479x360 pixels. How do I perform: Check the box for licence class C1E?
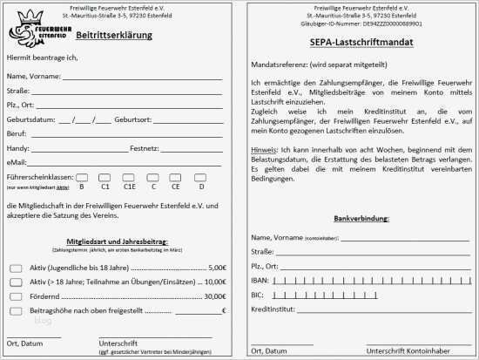(x=129, y=177)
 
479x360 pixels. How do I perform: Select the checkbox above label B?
(x=81, y=177)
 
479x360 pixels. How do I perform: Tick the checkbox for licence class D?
(x=200, y=177)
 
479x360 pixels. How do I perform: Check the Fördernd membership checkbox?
(x=16, y=296)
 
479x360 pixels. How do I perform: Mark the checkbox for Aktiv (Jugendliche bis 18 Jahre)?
(x=16, y=268)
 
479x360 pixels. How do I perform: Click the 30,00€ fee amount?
(x=214, y=296)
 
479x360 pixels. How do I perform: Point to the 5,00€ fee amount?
(x=217, y=268)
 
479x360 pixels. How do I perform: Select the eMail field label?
(x=17, y=162)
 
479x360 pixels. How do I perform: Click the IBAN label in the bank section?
(x=260, y=280)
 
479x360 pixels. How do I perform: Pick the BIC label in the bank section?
(x=258, y=295)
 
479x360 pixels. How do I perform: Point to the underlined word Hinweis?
(x=264, y=150)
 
